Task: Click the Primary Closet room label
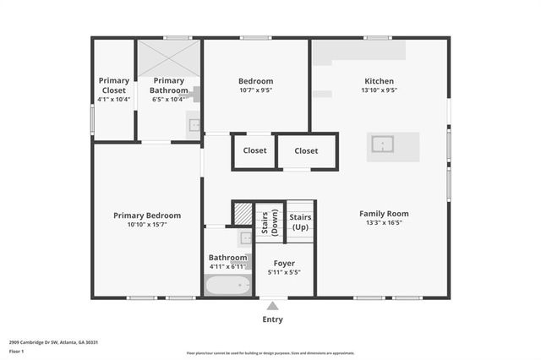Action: point(112,85)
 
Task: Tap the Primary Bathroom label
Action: point(168,85)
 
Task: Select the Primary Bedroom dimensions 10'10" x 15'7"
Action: point(147,225)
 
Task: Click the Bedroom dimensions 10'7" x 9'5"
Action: point(255,90)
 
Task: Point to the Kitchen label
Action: point(379,80)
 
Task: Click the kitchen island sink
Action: point(384,145)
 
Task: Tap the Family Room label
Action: point(384,214)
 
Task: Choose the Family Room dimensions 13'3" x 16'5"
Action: point(384,223)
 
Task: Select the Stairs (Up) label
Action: point(300,222)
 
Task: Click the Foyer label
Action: point(284,263)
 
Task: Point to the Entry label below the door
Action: point(272,319)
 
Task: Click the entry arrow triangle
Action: point(272,306)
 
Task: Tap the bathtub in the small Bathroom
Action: point(228,286)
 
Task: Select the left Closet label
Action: point(254,150)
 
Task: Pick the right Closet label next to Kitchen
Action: point(306,150)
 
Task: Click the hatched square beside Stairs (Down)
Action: point(243,215)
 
